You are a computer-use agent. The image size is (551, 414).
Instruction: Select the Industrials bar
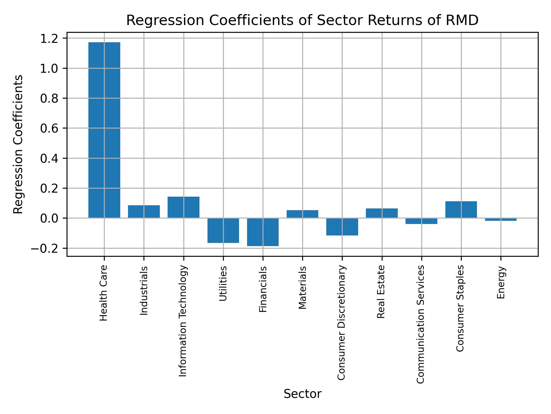click(x=144, y=212)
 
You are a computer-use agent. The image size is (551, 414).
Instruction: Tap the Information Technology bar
click(x=183, y=207)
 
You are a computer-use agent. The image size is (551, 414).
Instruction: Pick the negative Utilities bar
click(x=223, y=230)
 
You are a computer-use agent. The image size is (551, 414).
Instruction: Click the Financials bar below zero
click(x=263, y=232)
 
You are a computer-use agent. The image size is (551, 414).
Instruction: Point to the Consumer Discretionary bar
click(x=342, y=227)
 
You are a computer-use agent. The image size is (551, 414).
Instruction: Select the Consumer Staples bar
click(x=461, y=210)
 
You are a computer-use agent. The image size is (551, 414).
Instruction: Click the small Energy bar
click(x=500, y=219)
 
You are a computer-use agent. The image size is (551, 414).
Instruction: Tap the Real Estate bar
click(x=382, y=213)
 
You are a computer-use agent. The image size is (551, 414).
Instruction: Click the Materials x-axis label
click(x=302, y=287)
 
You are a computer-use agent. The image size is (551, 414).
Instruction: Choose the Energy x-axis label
click(x=501, y=282)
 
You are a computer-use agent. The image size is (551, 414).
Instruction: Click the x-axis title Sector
click(x=302, y=394)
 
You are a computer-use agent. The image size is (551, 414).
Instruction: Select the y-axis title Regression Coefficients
click(x=18, y=144)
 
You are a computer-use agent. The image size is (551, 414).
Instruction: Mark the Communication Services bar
click(x=421, y=221)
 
